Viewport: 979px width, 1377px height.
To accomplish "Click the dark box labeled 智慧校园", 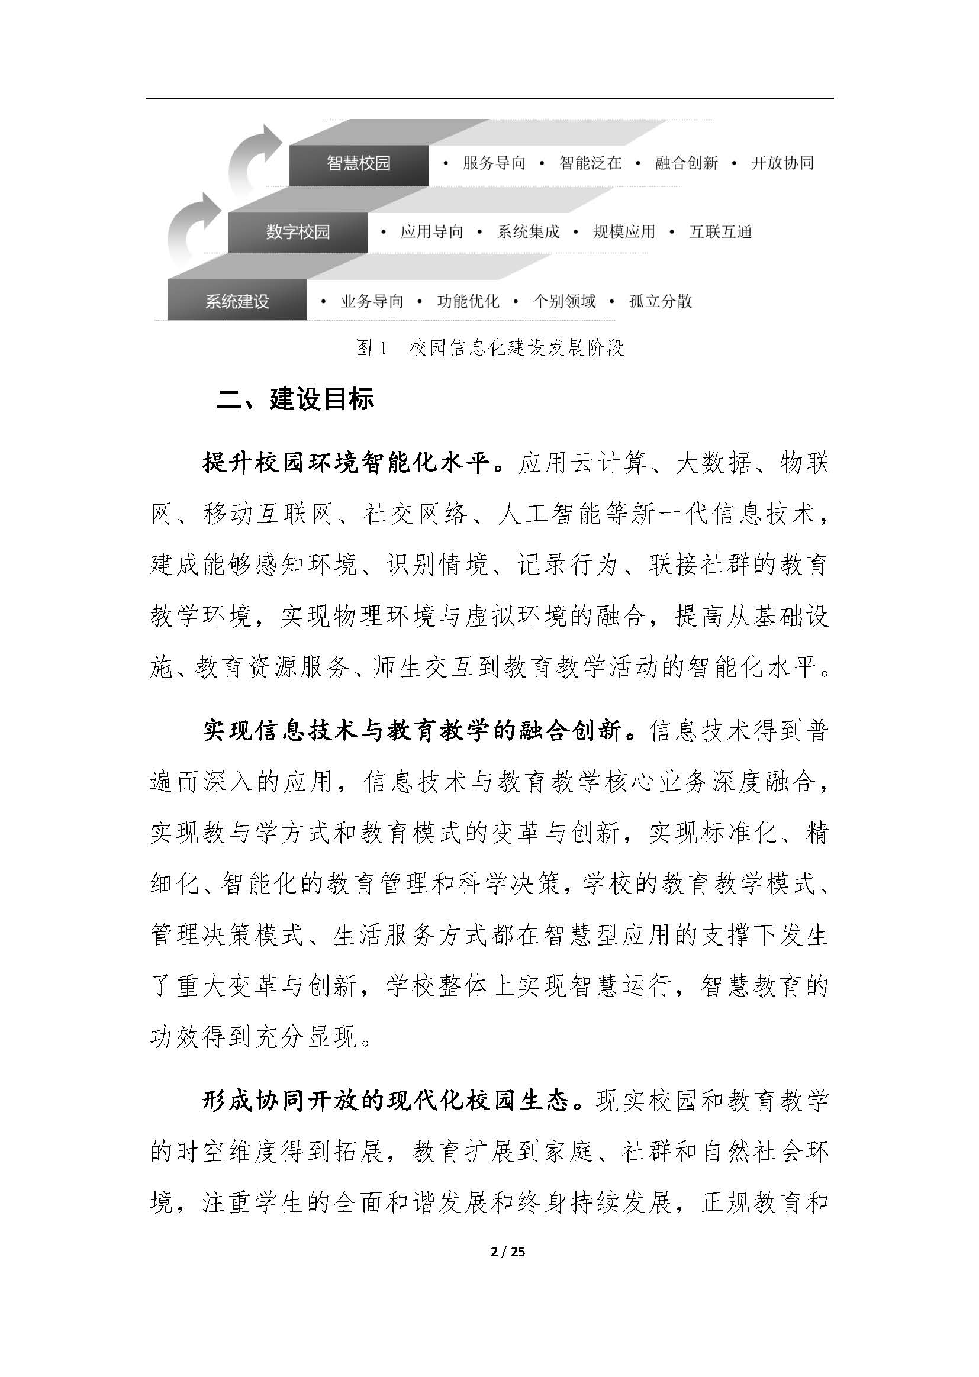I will (x=359, y=164).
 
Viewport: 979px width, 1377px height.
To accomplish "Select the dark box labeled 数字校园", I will (x=298, y=233).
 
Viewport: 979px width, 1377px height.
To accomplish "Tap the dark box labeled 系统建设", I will (x=237, y=301).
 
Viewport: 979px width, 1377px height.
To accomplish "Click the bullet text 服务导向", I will (x=494, y=163).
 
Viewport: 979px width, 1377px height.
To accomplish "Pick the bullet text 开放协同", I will (x=782, y=163).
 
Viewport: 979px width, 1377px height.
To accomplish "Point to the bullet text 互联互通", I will (x=720, y=232).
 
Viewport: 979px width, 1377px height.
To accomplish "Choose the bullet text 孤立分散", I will (x=660, y=301).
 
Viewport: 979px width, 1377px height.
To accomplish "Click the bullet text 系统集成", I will (x=528, y=232).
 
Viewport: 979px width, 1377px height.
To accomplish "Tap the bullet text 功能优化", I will (x=468, y=301).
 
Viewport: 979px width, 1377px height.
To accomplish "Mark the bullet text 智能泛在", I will (x=590, y=163).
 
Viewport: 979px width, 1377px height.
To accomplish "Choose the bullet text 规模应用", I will (x=624, y=232).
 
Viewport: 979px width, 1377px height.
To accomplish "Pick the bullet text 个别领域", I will (x=564, y=301).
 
